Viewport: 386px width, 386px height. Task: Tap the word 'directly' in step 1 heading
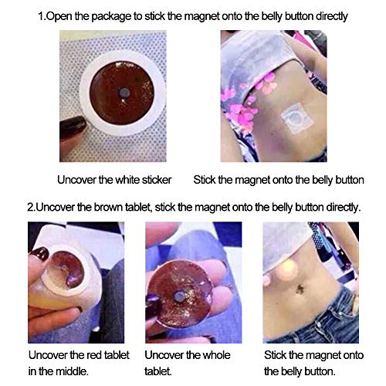332,16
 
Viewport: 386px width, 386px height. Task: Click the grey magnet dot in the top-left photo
124,92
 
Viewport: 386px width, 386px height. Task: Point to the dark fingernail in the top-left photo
73,127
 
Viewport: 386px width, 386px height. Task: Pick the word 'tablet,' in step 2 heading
139,208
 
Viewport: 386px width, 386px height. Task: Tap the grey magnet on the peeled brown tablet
179,297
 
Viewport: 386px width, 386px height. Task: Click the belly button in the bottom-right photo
300,289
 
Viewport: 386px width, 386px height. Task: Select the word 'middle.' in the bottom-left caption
72,371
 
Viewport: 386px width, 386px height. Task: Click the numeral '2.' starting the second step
31,208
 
